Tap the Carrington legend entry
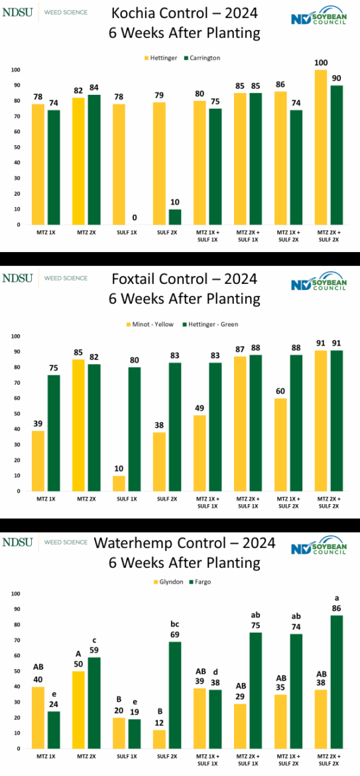pos(204,58)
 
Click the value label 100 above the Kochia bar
pos(321,63)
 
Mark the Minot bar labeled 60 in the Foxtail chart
pos(281,444)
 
